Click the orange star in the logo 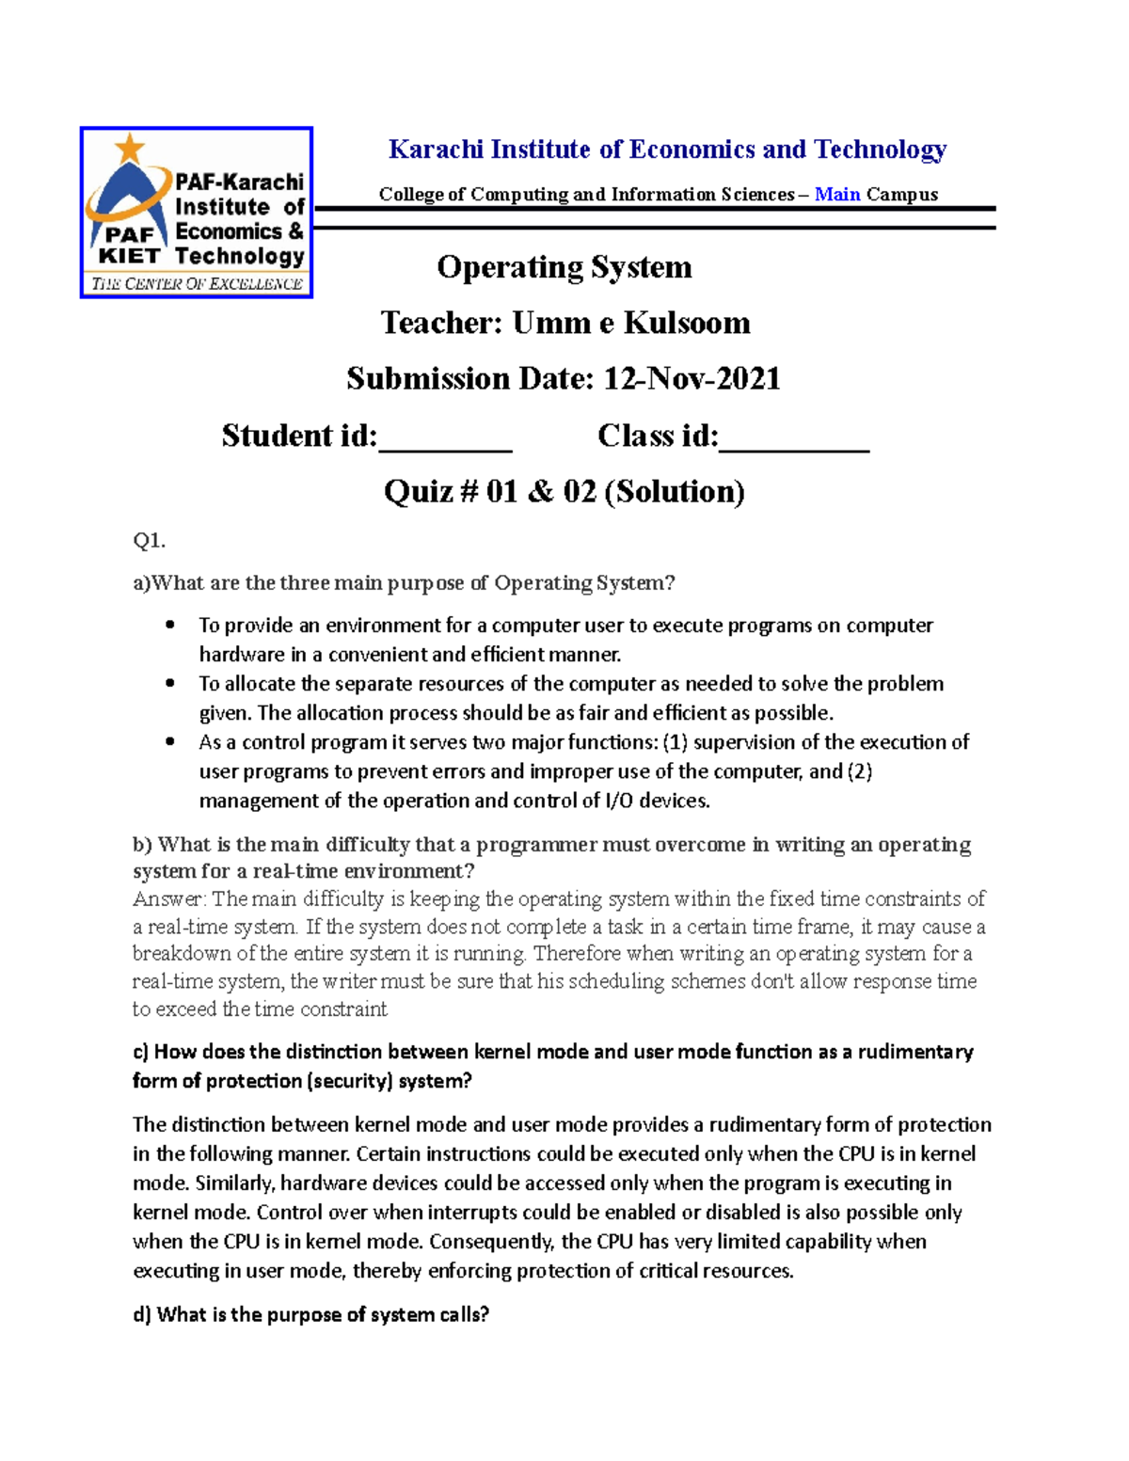130,148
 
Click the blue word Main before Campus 837,194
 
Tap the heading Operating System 564,267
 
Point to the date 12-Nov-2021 692,378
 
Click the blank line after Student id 445,442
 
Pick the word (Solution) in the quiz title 674,491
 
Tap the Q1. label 149,540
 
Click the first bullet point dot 170,625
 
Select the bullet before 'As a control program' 170,741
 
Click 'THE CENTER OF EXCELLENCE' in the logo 197,283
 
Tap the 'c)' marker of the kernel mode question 141,1052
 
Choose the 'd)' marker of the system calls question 142,1314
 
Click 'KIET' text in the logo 129,256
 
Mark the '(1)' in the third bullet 676,742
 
